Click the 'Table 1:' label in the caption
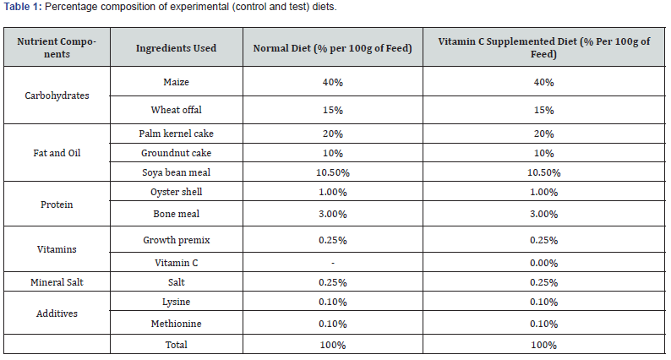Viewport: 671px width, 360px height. (x=22, y=7)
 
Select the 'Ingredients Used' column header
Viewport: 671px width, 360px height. (x=177, y=48)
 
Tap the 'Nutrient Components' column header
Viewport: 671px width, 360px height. (x=57, y=47)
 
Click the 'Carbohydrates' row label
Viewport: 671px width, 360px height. (x=57, y=95)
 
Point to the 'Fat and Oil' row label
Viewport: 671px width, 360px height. (x=57, y=153)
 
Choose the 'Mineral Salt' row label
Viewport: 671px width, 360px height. (x=57, y=282)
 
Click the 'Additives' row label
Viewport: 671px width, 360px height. (x=57, y=314)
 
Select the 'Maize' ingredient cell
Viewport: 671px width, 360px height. (x=177, y=82)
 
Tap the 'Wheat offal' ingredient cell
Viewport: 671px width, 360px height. (x=177, y=110)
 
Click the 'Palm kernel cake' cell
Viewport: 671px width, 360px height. (x=177, y=134)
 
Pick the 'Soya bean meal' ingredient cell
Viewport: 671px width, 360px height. (x=177, y=172)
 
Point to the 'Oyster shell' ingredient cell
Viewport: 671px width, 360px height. (x=177, y=192)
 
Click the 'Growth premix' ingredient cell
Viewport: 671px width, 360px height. (x=177, y=240)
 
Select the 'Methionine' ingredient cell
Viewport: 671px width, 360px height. (x=177, y=324)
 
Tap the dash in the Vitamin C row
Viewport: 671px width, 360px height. (x=333, y=263)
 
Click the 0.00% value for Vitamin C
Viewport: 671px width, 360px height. (x=544, y=263)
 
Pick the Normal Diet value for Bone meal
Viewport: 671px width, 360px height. (x=333, y=214)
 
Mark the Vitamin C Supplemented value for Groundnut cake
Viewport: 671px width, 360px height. (x=544, y=153)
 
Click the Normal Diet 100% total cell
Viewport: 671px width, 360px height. (x=333, y=345)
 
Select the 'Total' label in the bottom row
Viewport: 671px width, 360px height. (x=177, y=345)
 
